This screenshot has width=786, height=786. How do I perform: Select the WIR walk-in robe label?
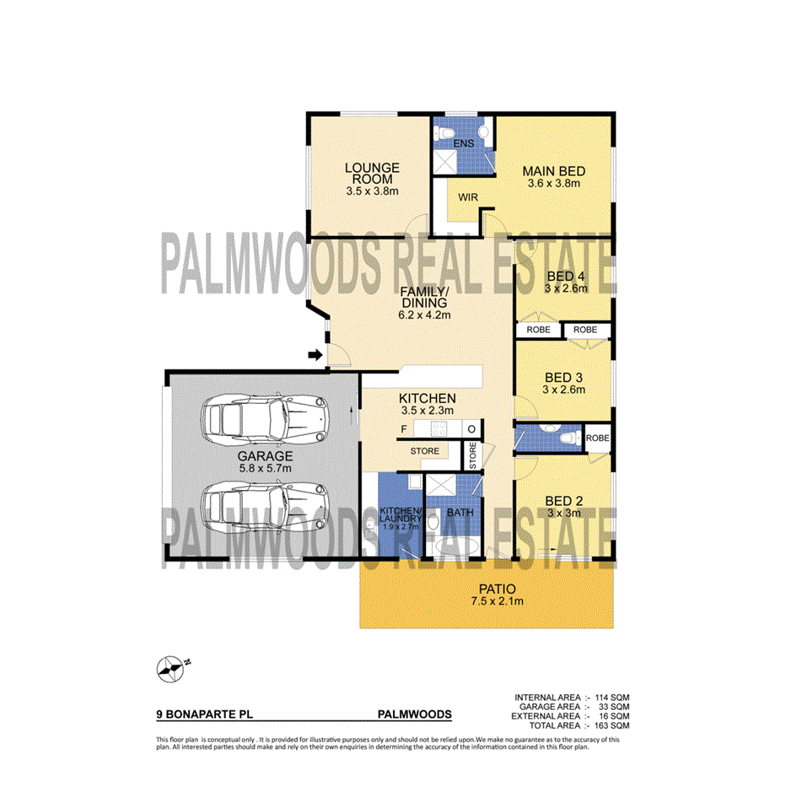pyautogui.click(x=469, y=196)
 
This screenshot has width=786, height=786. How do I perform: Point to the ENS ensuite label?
pyautogui.click(x=464, y=143)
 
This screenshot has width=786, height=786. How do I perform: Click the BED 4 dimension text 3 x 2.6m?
pyautogui.click(x=566, y=288)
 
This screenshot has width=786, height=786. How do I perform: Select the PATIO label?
pyautogui.click(x=486, y=589)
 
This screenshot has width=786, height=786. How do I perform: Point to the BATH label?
pyautogui.click(x=460, y=512)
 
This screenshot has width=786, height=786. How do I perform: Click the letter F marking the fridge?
pyautogui.click(x=404, y=429)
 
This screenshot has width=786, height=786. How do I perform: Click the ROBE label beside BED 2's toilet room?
pyautogui.click(x=597, y=439)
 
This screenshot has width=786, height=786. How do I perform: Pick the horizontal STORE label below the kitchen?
pyautogui.click(x=425, y=451)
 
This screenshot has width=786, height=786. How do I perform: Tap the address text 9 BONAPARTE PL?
pyautogui.click(x=205, y=714)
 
